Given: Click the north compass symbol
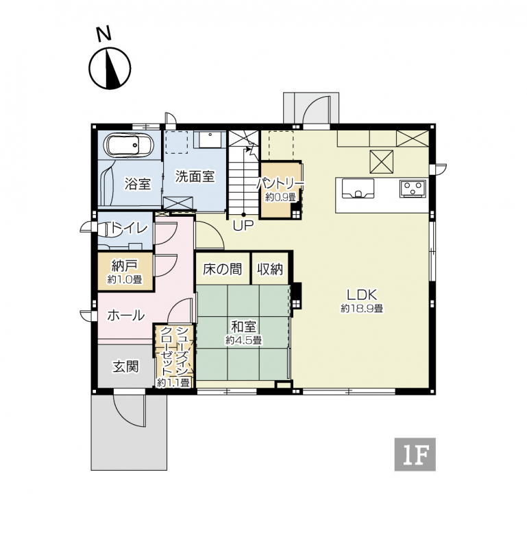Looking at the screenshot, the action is pyautogui.click(x=110, y=67).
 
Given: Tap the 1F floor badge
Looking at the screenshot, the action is pyautogui.click(x=415, y=454).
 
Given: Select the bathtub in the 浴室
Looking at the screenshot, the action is pyautogui.click(x=129, y=145).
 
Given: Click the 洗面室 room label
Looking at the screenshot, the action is pyautogui.click(x=195, y=176).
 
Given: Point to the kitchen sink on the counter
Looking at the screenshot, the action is pyautogui.click(x=358, y=188).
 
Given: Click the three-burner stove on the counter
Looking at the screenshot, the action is pyautogui.click(x=413, y=188).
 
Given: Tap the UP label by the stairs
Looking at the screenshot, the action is pyautogui.click(x=243, y=226).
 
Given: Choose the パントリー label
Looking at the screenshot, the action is pyautogui.click(x=280, y=183).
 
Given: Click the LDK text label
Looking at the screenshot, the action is pyautogui.click(x=362, y=295).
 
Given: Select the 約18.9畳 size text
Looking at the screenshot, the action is pyautogui.click(x=362, y=308).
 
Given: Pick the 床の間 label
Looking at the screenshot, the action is pyautogui.click(x=223, y=269).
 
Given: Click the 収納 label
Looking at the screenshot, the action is pyautogui.click(x=270, y=269).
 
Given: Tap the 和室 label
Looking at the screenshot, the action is pyautogui.click(x=244, y=327).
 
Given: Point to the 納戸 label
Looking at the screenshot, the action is pyautogui.click(x=124, y=266).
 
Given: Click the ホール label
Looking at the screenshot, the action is pyautogui.click(x=125, y=316).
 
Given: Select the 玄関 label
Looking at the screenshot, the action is pyautogui.click(x=125, y=367).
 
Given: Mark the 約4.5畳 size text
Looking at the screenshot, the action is pyautogui.click(x=244, y=340).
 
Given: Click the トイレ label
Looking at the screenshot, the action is pyautogui.click(x=127, y=228).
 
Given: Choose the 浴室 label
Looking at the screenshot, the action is pyautogui.click(x=138, y=184).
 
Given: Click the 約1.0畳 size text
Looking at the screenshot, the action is pyautogui.click(x=125, y=279).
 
